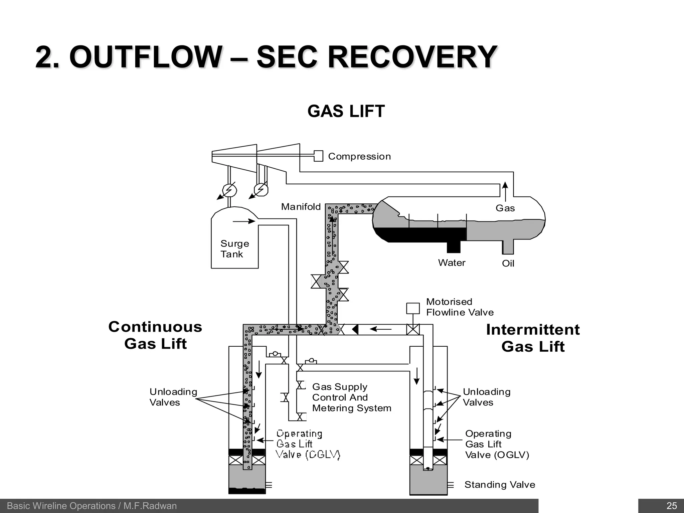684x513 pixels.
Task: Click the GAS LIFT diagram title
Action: [x=346, y=111]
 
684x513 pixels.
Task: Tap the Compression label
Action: [x=359, y=156]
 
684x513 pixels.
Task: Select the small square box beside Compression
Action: [x=319, y=156]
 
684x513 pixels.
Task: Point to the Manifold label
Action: [x=301, y=207]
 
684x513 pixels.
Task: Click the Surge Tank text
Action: [x=234, y=249]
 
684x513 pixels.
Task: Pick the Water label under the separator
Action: [x=452, y=263]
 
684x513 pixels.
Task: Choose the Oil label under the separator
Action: [x=508, y=264]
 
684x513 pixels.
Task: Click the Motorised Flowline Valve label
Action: [x=460, y=307]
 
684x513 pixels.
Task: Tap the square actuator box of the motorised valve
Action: [x=413, y=308]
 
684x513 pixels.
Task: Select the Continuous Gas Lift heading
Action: [x=155, y=335]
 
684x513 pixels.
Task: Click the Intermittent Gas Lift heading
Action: [x=533, y=338]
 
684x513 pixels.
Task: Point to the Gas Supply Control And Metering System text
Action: [x=351, y=397]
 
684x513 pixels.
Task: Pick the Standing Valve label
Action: [x=500, y=485]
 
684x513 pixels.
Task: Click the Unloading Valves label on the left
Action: [x=173, y=397]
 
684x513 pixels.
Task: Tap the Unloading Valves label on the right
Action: [x=487, y=397]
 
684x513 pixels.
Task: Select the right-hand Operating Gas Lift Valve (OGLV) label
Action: [x=497, y=444]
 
